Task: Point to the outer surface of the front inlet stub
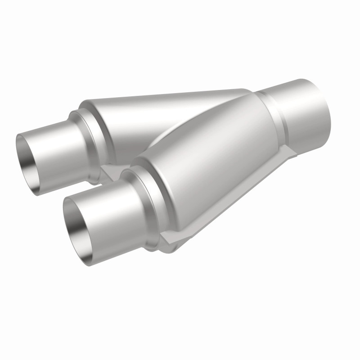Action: coord(108,211)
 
